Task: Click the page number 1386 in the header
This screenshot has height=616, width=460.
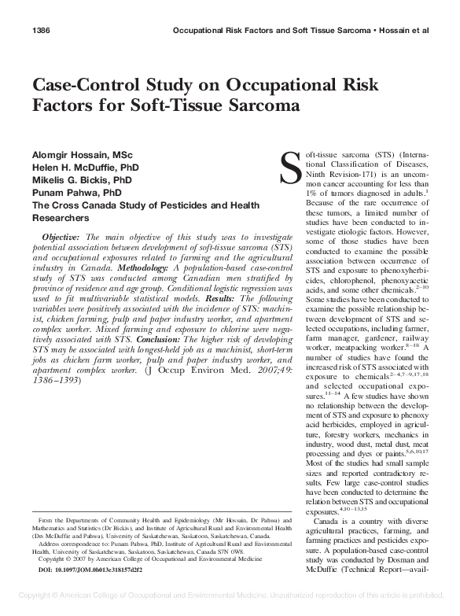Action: pyautogui.click(x=41, y=31)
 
